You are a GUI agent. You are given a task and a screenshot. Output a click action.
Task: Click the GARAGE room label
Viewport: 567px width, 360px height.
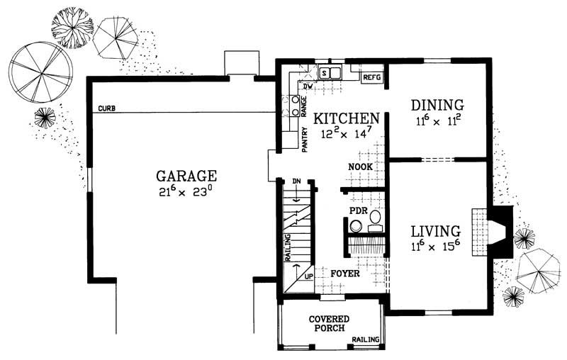pos(186,176)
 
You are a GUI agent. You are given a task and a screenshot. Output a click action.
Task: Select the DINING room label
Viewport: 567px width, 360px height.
pos(437,106)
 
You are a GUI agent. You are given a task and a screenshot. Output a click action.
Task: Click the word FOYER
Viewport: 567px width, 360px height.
pos(345,272)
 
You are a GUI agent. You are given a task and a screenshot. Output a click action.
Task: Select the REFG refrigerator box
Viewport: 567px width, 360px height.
pos(372,76)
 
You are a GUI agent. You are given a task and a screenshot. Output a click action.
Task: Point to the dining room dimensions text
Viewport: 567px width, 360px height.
pos(437,121)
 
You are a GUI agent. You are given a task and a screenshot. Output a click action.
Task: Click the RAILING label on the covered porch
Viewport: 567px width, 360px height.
pos(366,339)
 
